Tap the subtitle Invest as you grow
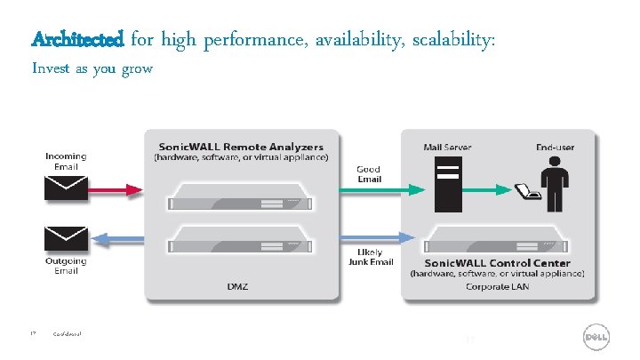point(92,68)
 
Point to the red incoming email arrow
point(111,189)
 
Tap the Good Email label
point(369,173)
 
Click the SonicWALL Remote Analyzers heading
point(241,147)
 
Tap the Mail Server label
point(447,147)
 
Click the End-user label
point(557,147)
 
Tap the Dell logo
point(596,339)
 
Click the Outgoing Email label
point(66,266)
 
